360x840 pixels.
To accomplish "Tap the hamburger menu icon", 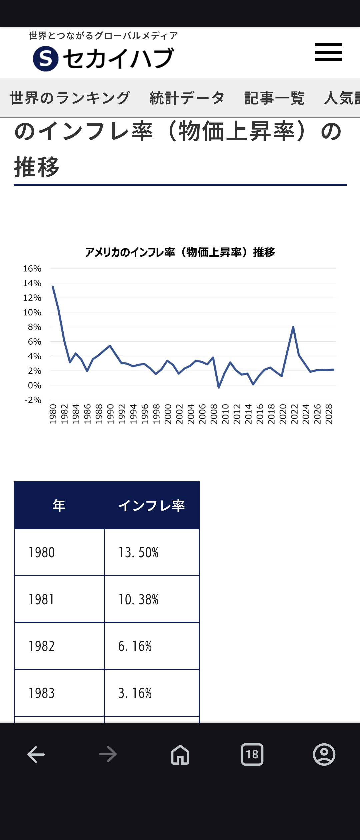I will [328, 52].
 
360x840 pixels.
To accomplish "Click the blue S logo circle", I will [46, 59].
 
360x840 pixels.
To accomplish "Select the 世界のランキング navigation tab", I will [70, 98].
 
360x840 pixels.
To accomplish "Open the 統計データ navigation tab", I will [187, 98].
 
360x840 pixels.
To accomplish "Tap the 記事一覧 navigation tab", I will [274, 98].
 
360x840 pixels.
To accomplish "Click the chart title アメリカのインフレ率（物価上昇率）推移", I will [180, 252].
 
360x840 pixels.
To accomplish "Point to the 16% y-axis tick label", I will [32, 269].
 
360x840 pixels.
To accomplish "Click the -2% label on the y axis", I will [33, 400].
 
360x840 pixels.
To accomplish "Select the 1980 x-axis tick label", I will [53, 414].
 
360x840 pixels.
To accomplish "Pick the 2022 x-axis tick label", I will [294, 414].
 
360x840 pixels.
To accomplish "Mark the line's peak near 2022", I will [293, 327].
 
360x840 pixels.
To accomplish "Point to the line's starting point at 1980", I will [53, 287].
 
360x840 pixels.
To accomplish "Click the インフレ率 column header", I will [152, 506].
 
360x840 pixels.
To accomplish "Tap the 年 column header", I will [59, 506].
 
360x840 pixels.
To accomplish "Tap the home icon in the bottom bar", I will [180, 754].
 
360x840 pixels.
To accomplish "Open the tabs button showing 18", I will [252, 754].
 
